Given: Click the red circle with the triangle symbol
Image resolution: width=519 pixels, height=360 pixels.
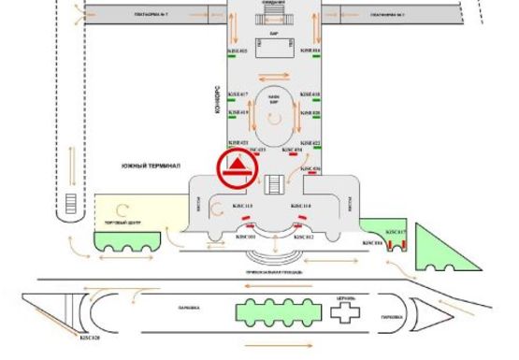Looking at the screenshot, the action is [237, 169].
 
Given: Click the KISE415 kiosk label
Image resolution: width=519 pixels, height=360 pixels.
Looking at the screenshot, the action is [238, 50].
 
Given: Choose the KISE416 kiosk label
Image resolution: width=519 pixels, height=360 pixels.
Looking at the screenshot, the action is [310, 50].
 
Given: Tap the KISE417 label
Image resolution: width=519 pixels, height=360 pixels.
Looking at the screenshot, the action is [238, 94].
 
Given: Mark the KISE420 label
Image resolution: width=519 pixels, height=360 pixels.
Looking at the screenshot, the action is [310, 112].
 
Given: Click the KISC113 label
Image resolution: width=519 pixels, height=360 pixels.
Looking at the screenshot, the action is [231, 205].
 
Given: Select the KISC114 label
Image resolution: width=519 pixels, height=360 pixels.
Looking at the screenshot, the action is [300, 205].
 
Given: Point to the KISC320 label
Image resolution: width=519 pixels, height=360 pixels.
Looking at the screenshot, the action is [90, 337].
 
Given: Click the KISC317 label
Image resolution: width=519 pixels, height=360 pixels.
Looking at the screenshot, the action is [396, 231].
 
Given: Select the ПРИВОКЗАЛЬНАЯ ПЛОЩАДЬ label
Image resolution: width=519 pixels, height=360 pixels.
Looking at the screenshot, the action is [272, 268].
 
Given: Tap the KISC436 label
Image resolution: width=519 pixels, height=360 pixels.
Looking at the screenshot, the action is [310, 168].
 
